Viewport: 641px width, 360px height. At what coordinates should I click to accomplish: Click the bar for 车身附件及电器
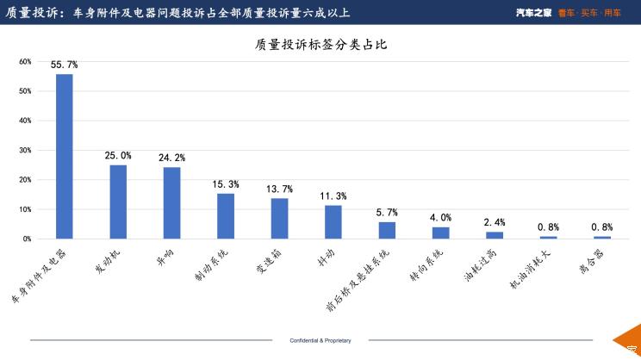[65, 156]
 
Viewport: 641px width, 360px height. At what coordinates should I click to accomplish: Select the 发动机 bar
[118, 202]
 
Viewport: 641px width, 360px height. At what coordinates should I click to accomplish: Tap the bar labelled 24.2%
[171, 202]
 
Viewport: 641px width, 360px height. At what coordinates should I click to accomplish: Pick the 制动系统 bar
[226, 215]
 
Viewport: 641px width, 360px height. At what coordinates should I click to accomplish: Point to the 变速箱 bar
[279, 218]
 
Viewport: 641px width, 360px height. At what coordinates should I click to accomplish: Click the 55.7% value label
[65, 65]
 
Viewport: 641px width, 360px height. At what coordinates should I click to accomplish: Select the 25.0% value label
[118, 156]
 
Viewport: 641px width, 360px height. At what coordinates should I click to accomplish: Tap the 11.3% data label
[333, 196]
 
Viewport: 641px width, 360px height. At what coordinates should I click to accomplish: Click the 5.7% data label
[387, 213]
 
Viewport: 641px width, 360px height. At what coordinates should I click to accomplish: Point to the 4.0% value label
[440, 218]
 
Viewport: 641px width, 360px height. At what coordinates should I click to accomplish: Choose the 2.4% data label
[494, 223]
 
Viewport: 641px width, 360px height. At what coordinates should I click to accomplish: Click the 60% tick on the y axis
[25, 62]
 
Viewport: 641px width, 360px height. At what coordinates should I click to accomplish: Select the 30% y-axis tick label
[25, 150]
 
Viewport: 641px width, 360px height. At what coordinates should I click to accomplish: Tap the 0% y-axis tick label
[27, 239]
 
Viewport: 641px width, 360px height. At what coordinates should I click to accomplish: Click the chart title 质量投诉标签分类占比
[320, 44]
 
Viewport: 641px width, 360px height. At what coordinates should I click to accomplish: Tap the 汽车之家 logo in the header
[534, 12]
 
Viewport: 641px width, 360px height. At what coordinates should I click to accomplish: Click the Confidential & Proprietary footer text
[320, 341]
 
